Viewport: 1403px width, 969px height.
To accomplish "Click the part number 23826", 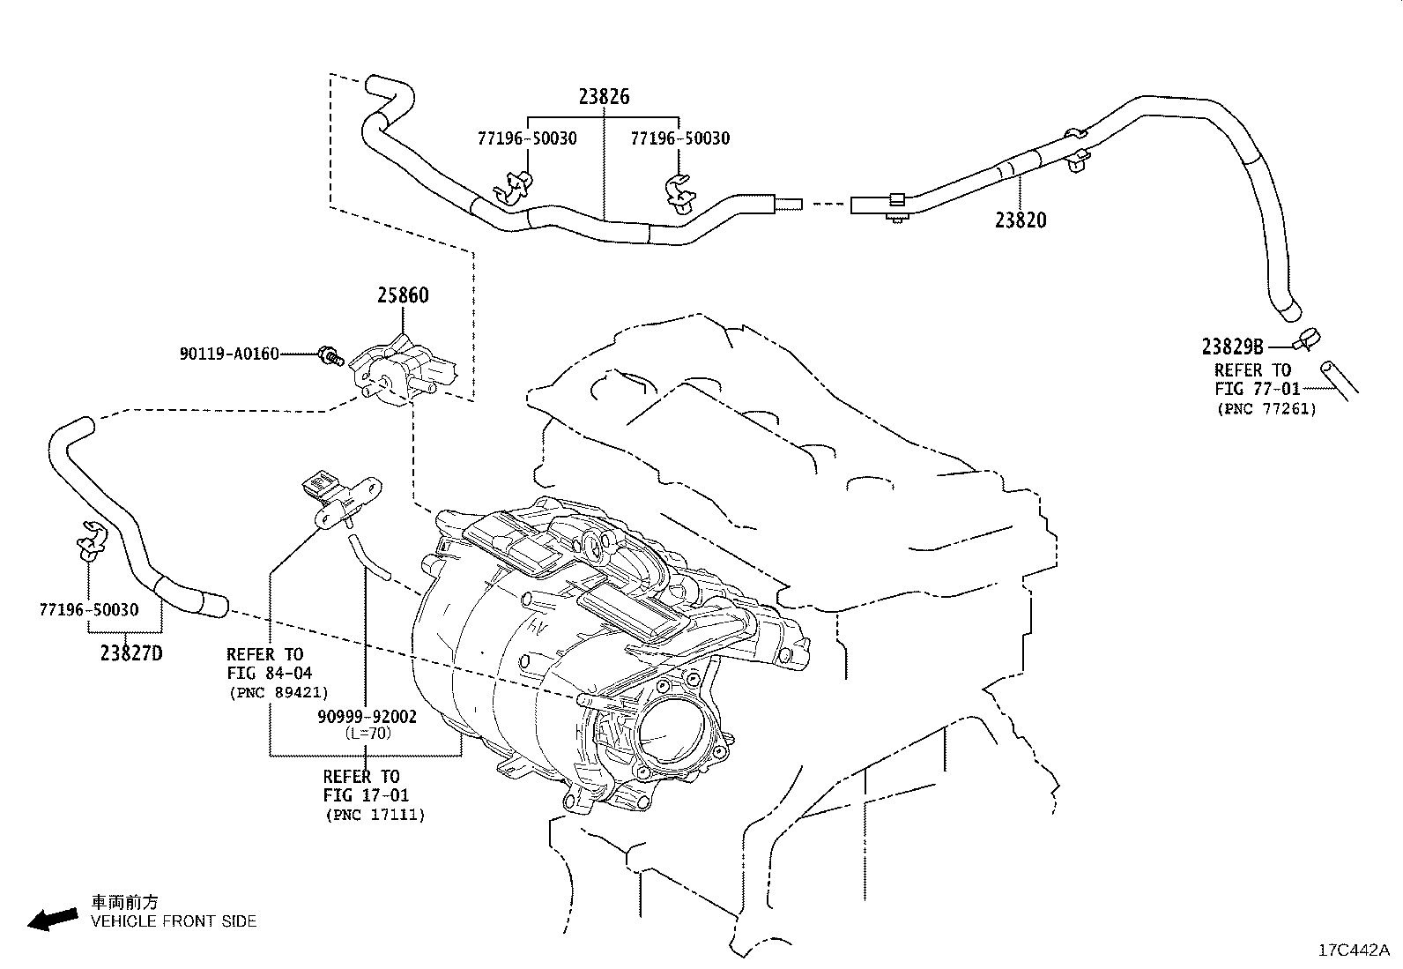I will pos(604,96).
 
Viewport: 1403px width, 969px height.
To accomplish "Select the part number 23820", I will pos(1021,220).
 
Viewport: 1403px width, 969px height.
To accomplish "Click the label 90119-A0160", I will pos(229,354).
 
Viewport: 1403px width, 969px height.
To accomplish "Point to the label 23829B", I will pos(1233,347).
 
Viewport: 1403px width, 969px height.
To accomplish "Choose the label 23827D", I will pos(131,653).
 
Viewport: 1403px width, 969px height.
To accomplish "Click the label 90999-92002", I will pos(367,717).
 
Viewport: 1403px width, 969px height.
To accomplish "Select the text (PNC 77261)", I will pos(1266,408).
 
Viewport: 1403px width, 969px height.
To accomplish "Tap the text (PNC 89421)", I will pos(278,692).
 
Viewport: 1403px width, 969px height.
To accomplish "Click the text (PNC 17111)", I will pos(375,815).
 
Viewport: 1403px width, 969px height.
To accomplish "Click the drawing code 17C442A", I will pos(1353,950).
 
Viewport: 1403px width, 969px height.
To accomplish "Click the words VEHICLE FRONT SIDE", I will pos(174,921).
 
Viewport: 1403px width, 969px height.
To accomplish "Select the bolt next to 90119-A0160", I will pos(330,355).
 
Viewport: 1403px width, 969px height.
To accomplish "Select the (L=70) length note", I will pos(367,733).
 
